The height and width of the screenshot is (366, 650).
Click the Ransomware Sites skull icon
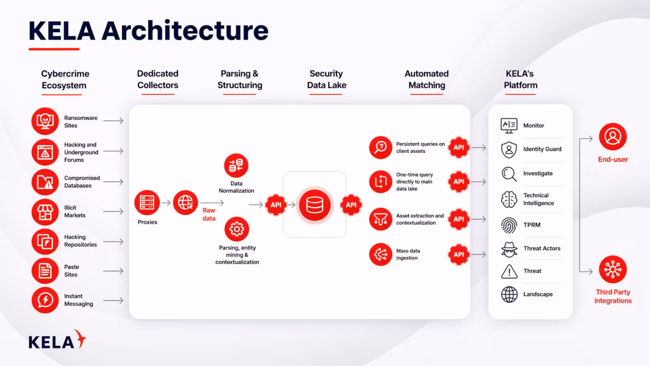click(45, 121)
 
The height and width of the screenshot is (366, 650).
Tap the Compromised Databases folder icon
click(45, 182)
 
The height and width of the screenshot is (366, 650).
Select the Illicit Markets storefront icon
click(45, 212)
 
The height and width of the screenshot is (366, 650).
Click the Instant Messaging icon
click(45, 301)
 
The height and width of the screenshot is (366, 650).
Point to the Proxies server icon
click(147, 203)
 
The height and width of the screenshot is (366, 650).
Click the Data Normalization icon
click(236, 166)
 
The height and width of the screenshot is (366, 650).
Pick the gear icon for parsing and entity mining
click(237, 229)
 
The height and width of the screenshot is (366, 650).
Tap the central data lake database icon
click(314, 205)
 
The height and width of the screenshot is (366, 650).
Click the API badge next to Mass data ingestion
click(459, 255)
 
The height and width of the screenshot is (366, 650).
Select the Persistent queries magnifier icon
click(381, 147)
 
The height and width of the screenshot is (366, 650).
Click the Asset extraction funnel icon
click(381, 219)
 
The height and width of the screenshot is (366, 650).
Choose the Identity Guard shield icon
click(509, 149)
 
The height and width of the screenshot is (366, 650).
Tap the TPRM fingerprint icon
click(509, 225)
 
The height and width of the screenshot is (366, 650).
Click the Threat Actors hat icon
click(509, 249)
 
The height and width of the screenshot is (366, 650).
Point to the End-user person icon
click(613, 137)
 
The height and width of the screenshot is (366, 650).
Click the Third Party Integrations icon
click(613, 269)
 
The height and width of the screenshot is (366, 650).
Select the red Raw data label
click(209, 214)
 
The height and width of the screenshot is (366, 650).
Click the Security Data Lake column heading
click(327, 79)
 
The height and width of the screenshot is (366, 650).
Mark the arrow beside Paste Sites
click(113, 271)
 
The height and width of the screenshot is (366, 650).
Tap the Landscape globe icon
click(509, 294)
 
